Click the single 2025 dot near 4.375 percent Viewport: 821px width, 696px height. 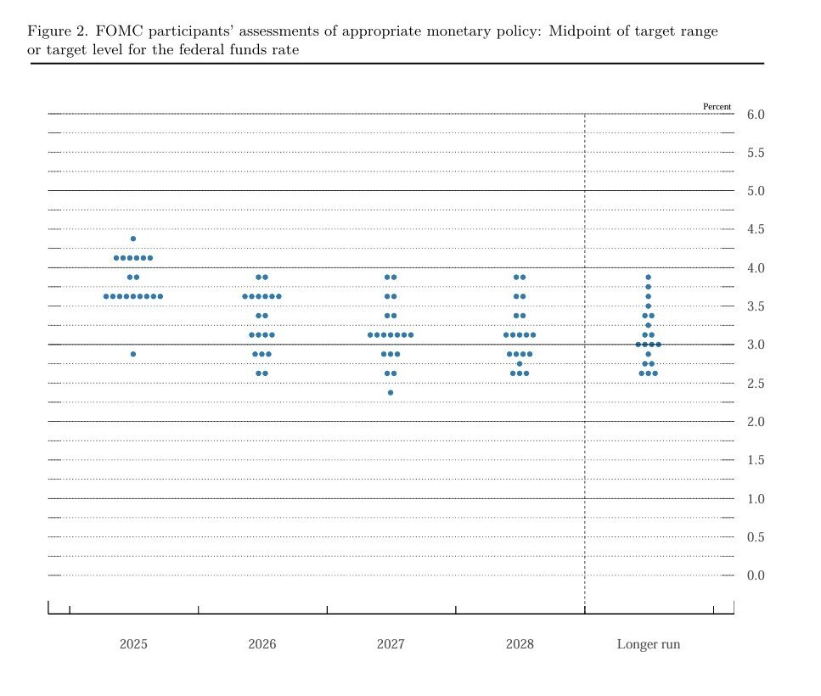coord(133,239)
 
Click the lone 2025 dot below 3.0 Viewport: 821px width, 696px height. coord(133,354)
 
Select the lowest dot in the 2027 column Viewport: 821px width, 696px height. coord(391,392)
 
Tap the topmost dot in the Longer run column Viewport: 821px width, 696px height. coord(649,277)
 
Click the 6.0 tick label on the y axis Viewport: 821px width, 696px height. coord(755,115)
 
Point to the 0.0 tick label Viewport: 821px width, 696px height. coord(755,575)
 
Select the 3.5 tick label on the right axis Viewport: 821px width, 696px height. coord(755,306)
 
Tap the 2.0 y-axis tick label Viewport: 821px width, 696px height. coord(755,422)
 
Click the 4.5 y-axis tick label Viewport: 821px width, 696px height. coord(755,229)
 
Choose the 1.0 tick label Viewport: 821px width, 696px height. coord(755,498)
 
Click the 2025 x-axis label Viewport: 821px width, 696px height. coord(133,644)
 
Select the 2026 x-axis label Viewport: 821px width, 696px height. coord(262,644)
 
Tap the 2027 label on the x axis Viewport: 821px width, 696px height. coord(391,644)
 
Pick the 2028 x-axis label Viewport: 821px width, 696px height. coord(520,644)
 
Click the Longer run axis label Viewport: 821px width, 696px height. coord(649,644)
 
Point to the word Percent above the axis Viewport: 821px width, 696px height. coord(717,107)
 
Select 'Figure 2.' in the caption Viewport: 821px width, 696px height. coord(57,31)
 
